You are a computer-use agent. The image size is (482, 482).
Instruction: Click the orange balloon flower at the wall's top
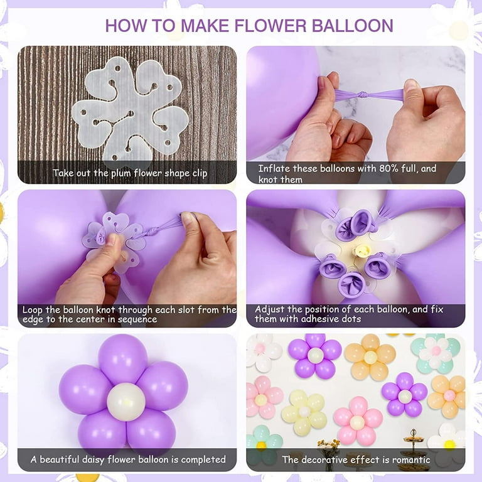(x=370, y=356)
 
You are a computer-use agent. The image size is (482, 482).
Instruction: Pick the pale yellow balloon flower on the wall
(x=304, y=413)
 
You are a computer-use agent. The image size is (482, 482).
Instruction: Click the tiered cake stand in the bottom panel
(x=412, y=447)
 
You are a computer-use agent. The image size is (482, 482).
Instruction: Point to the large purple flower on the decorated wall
(x=315, y=355)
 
